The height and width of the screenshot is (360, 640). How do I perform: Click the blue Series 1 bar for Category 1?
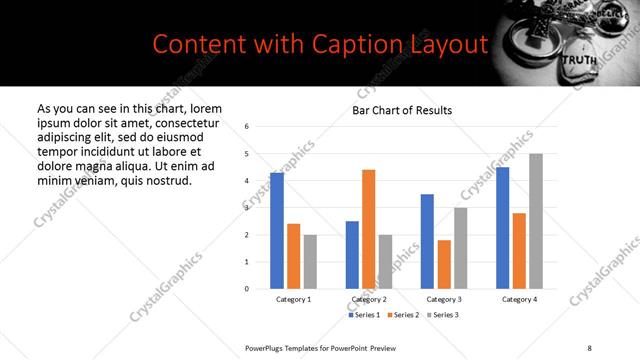(277, 231)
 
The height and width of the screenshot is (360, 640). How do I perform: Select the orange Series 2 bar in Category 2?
(368, 229)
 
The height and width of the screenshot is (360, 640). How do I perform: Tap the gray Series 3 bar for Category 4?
(536, 221)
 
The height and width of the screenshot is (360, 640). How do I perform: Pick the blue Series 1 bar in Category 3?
(427, 241)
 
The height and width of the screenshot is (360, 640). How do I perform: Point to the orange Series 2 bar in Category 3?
(444, 264)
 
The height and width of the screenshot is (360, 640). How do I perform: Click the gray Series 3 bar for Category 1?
(310, 262)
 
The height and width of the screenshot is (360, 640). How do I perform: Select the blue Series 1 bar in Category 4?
(503, 228)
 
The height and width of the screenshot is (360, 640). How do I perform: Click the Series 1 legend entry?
(364, 315)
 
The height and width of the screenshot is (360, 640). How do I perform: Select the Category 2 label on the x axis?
(369, 300)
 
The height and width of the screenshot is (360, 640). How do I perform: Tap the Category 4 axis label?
(519, 300)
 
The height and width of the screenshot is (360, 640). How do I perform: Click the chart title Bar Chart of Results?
(402, 110)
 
